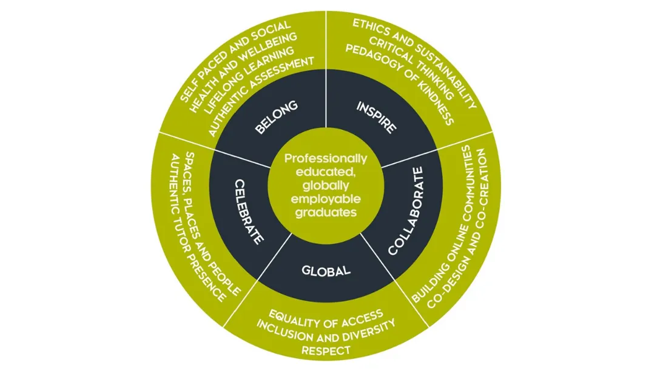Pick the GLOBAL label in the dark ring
[326, 270]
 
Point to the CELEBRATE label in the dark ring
[247, 212]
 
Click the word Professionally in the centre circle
[326, 158]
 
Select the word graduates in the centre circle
[326, 213]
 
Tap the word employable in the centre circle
[326, 199]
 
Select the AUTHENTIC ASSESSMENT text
[261, 95]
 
